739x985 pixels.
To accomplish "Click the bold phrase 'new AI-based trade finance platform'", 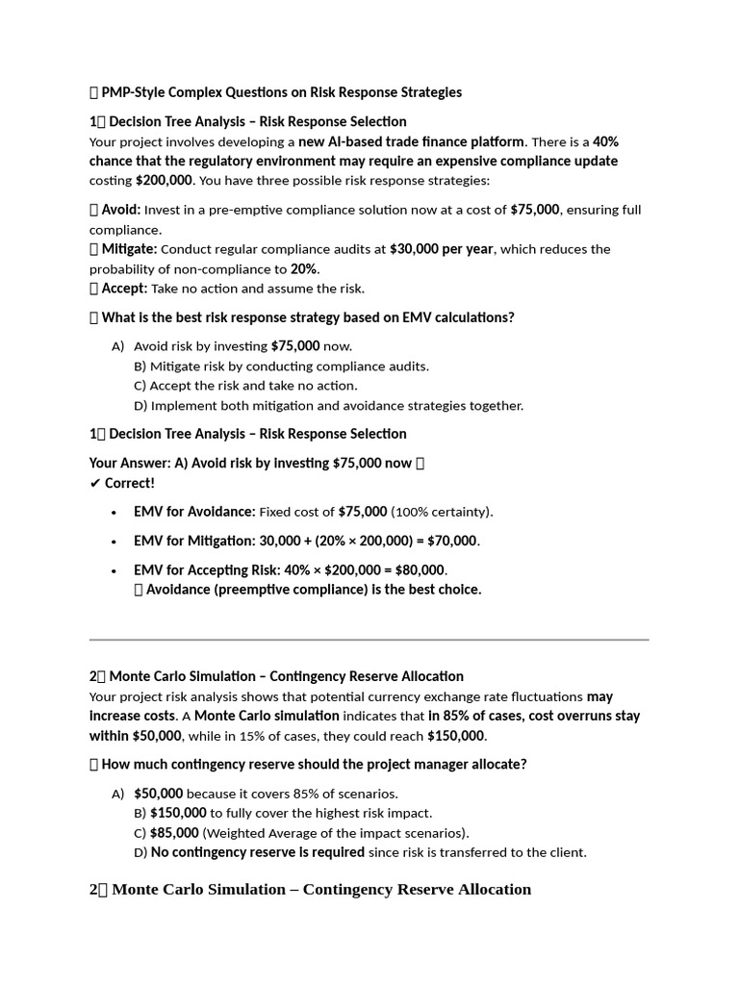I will tap(412, 141).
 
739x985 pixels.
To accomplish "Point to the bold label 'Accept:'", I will tap(125, 289).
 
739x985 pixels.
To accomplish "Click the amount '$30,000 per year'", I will tap(441, 249).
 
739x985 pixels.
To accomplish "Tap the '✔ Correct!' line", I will tap(122, 483).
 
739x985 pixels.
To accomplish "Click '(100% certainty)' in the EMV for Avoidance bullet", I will tap(442, 512).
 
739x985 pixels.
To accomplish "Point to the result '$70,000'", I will tap(448, 541).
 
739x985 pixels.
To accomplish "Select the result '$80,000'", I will tap(419, 570).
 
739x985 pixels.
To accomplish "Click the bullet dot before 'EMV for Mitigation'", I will tap(115, 542).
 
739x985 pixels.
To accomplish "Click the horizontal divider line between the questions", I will tap(369, 639).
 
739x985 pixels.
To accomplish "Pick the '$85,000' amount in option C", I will tap(174, 833).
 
